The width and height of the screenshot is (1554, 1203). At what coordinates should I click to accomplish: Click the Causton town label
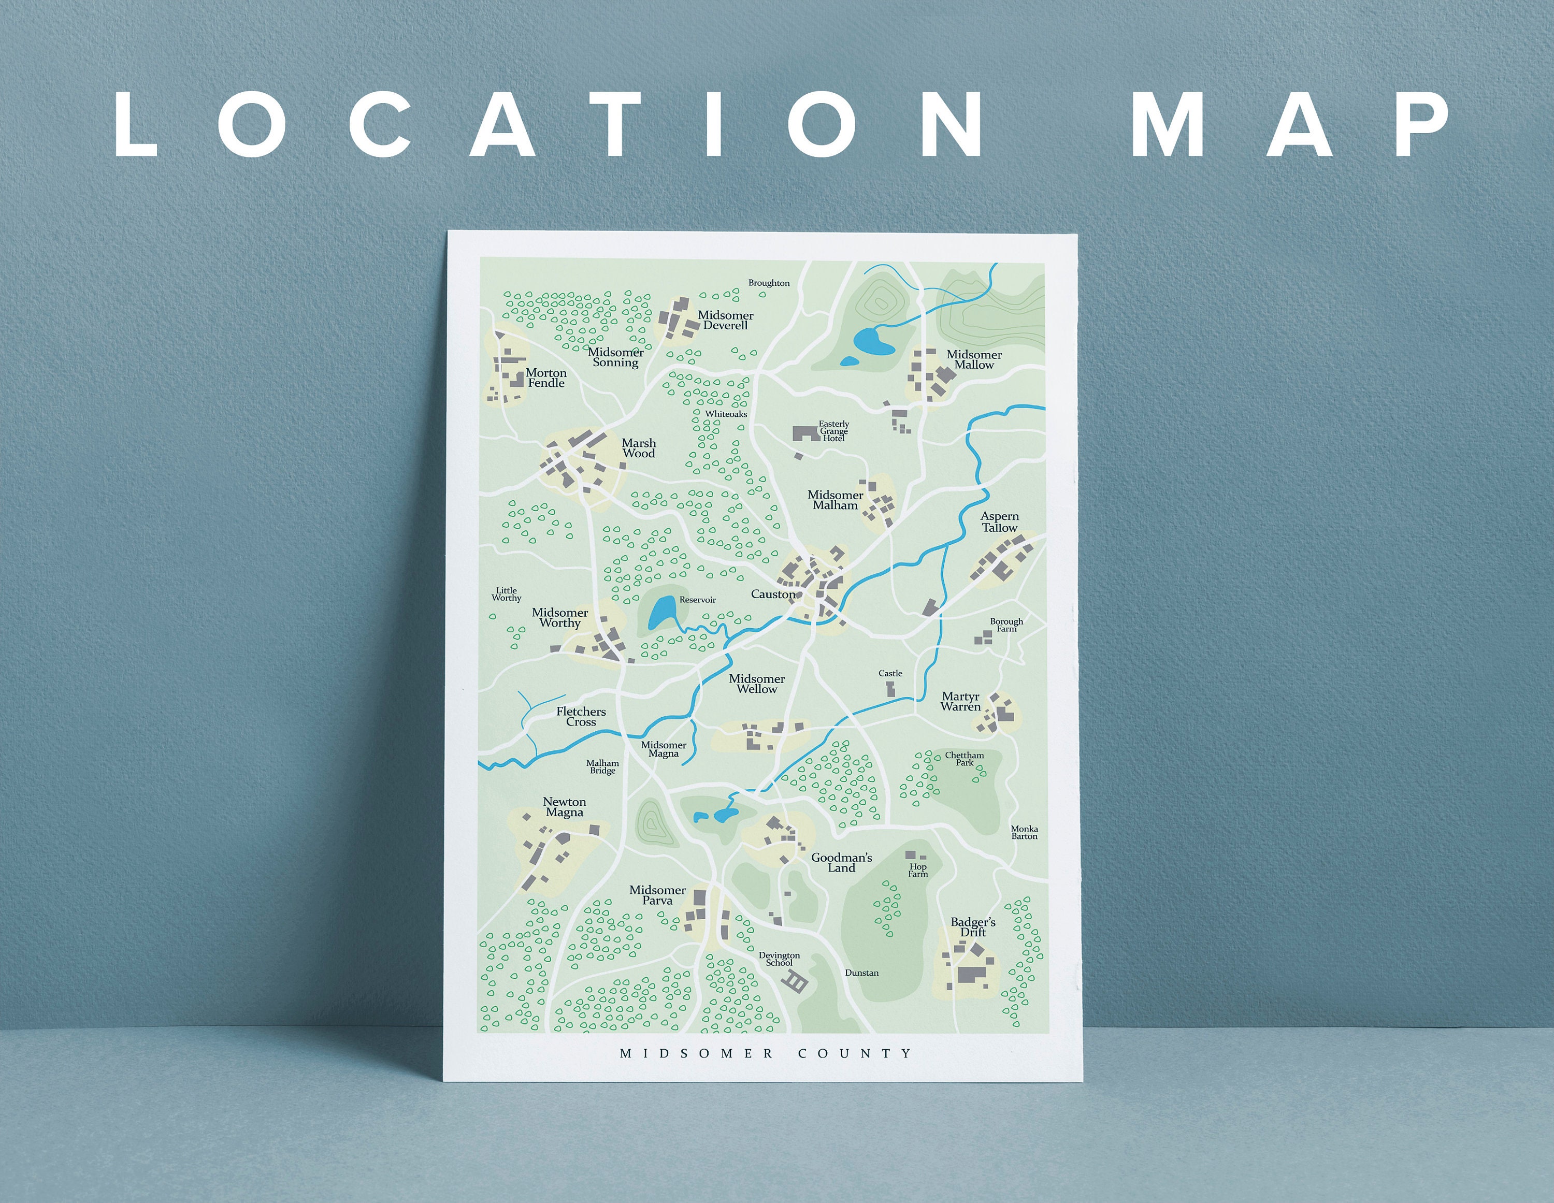(773, 594)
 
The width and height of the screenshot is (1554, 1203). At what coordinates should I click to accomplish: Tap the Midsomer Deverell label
(725, 320)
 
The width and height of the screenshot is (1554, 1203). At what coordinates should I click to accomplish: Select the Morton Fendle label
(546, 378)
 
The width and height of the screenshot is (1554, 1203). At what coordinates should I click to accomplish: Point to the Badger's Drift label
(973, 927)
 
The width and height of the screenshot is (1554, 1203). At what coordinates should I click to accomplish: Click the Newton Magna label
(564, 807)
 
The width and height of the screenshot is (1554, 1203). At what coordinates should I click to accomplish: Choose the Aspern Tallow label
(1000, 521)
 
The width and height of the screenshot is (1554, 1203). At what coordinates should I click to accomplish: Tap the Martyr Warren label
(960, 702)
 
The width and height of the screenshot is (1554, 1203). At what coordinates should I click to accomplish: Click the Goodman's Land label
(841, 862)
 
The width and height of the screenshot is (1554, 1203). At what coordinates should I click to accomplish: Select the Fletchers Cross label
(581, 716)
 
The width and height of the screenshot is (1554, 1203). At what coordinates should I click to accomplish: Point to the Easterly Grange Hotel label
(833, 431)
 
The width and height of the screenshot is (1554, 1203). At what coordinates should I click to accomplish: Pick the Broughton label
(769, 283)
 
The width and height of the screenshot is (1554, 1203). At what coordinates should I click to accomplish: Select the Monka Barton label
(1024, 832)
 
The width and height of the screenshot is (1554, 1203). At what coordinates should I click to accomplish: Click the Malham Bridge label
(602, 766)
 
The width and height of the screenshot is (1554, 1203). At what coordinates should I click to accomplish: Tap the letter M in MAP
(1167, 125)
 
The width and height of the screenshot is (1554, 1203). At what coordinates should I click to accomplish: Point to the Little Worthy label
(506, 594)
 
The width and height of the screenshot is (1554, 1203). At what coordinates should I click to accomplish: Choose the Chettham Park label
(964, 759)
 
